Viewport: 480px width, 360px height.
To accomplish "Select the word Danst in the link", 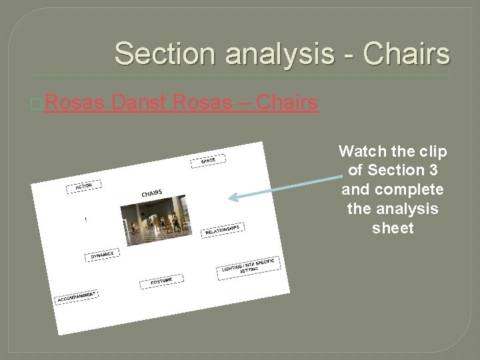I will coord(139,103).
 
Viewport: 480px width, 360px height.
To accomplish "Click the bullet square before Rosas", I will coord(37,105).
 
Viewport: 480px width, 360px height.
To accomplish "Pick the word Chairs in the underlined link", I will coord(287,103).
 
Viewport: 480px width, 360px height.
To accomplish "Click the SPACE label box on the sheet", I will coord(208,161).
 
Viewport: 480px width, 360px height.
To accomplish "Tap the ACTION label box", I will coord(83,187).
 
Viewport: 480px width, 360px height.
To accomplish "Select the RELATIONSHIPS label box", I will coord(222,230).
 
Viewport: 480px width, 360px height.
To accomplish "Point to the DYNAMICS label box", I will coord(103,255).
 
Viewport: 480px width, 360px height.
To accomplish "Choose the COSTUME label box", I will coord(161,281).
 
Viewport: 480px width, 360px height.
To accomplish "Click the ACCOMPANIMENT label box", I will coord(76,297).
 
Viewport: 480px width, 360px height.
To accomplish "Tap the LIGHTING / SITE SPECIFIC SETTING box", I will coord(248,268).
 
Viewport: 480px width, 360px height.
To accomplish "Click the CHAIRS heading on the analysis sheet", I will coord(151,193).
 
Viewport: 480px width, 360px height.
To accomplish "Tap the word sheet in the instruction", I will coord(393,228).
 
